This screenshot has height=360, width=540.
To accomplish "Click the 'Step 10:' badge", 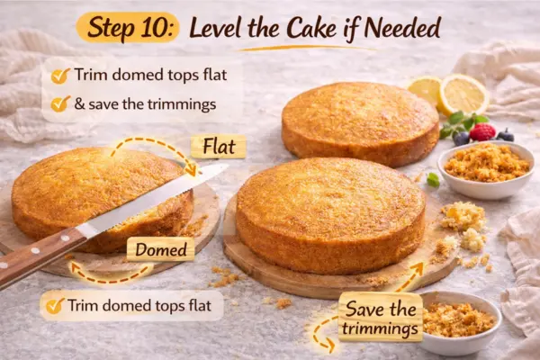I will [128, 27].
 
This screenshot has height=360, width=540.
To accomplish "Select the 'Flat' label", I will [219, 145].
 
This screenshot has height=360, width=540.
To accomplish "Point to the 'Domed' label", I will [160, 248].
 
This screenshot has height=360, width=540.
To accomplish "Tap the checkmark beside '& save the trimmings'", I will [60, 103].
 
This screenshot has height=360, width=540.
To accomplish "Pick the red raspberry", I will [482, 132].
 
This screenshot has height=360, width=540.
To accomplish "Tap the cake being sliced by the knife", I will [99, 193].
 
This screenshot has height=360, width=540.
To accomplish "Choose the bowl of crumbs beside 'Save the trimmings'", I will [459, 320].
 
